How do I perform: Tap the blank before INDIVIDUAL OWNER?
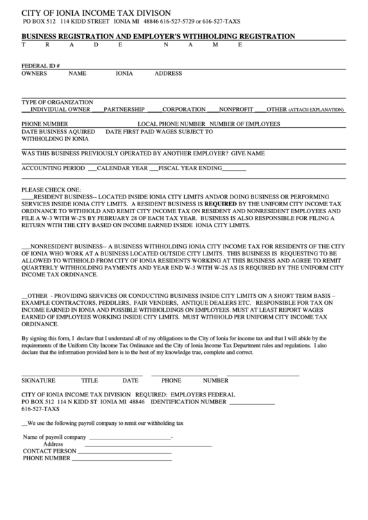click(x=26, y=110)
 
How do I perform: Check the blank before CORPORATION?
click(x=154, y=110)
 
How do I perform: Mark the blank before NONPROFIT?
click(x=213, y=110)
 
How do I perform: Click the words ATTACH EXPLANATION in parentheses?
click(x=317, y=110)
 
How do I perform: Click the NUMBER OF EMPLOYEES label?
click(x=244, y=124)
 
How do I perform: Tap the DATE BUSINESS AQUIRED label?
click(x=58, y=131)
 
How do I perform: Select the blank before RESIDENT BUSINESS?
click(x=27, y=197)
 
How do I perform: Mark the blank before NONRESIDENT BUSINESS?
click(x=26, y=246)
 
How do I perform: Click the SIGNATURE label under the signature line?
click(x=37, y=380)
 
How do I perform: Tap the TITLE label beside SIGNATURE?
click(x=90, y=380)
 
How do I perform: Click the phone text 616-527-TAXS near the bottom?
click(x=41, y=409)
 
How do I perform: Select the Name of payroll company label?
click(x=54, y=437)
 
